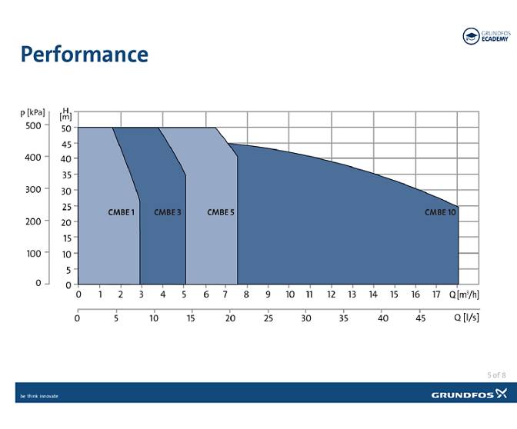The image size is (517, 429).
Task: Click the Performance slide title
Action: coord(84,55)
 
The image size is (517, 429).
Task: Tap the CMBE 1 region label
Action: coord(122,211)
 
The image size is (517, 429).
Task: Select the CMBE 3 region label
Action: coord(167,211)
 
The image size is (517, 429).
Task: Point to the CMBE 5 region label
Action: coord(220,211)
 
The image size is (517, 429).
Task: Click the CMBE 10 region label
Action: coord(440,211)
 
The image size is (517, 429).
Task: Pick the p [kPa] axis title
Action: coord(32,112)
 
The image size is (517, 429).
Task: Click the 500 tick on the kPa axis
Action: coord(32,125)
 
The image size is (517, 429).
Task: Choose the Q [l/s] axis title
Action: coord(466,318)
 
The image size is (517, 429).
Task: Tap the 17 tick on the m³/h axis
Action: coord(436,294)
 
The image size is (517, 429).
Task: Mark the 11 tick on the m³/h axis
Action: coord(309,294)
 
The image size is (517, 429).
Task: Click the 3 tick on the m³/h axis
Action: coord(142,294)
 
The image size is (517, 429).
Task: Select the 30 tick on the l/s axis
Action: coord(305,318)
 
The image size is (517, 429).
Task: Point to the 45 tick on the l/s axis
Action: coord(420,318)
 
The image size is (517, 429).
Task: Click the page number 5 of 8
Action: coord(496,374)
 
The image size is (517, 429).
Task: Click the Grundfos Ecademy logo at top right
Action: coord(485,36)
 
